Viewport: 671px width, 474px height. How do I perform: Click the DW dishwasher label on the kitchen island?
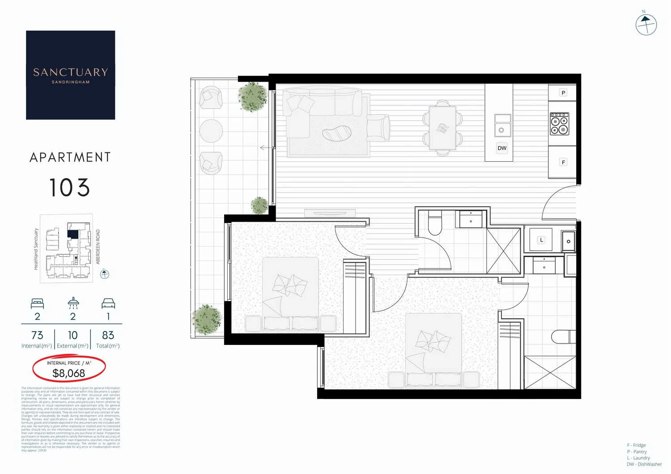(x=502, y=148)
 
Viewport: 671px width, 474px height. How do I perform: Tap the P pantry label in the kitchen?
(x=563, y=92)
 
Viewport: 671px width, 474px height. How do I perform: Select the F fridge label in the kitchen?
(x=563, y=162)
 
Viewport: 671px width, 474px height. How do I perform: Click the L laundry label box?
(x=541, y=240)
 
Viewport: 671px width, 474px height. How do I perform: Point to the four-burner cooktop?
(x=559, y=124)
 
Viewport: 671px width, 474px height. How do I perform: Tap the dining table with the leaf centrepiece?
(x=442, y=128)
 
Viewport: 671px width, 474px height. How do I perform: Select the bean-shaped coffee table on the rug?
(x=337, y=134)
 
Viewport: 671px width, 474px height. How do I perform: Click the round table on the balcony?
(x=211, y=131)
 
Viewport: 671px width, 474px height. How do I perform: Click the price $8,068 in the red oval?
(x=69, y=373)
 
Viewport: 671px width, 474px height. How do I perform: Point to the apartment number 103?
(x=70, y=188)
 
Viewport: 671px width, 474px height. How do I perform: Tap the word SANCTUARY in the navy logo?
(x=71, y=72)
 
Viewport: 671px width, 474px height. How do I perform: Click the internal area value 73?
(x=37, y=335)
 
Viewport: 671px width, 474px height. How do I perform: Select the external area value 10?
(x=72, y=335)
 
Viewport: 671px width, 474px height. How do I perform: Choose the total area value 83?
(x=108, y=335)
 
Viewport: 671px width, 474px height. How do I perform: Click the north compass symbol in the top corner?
(x=646, y=24)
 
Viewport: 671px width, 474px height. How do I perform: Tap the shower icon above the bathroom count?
(x=73, y=303)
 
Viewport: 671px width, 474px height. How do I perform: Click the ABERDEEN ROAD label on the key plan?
(x=98, y=247)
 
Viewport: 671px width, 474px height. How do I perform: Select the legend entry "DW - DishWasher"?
(x=644, y=464)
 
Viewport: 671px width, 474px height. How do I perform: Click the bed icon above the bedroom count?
(x=38, y=303)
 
